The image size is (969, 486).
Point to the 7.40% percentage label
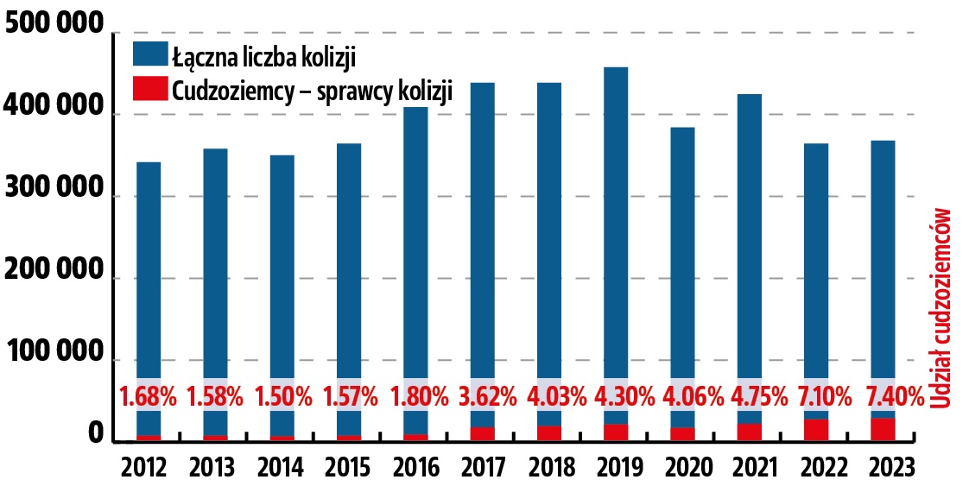[883, 398]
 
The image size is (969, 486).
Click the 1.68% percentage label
[149, 398]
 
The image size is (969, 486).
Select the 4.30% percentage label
[616, 398]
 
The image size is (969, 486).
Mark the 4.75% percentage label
[750, 398]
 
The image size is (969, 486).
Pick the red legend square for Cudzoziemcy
[149, 89]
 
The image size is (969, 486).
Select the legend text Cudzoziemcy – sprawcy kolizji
[313, 90]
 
